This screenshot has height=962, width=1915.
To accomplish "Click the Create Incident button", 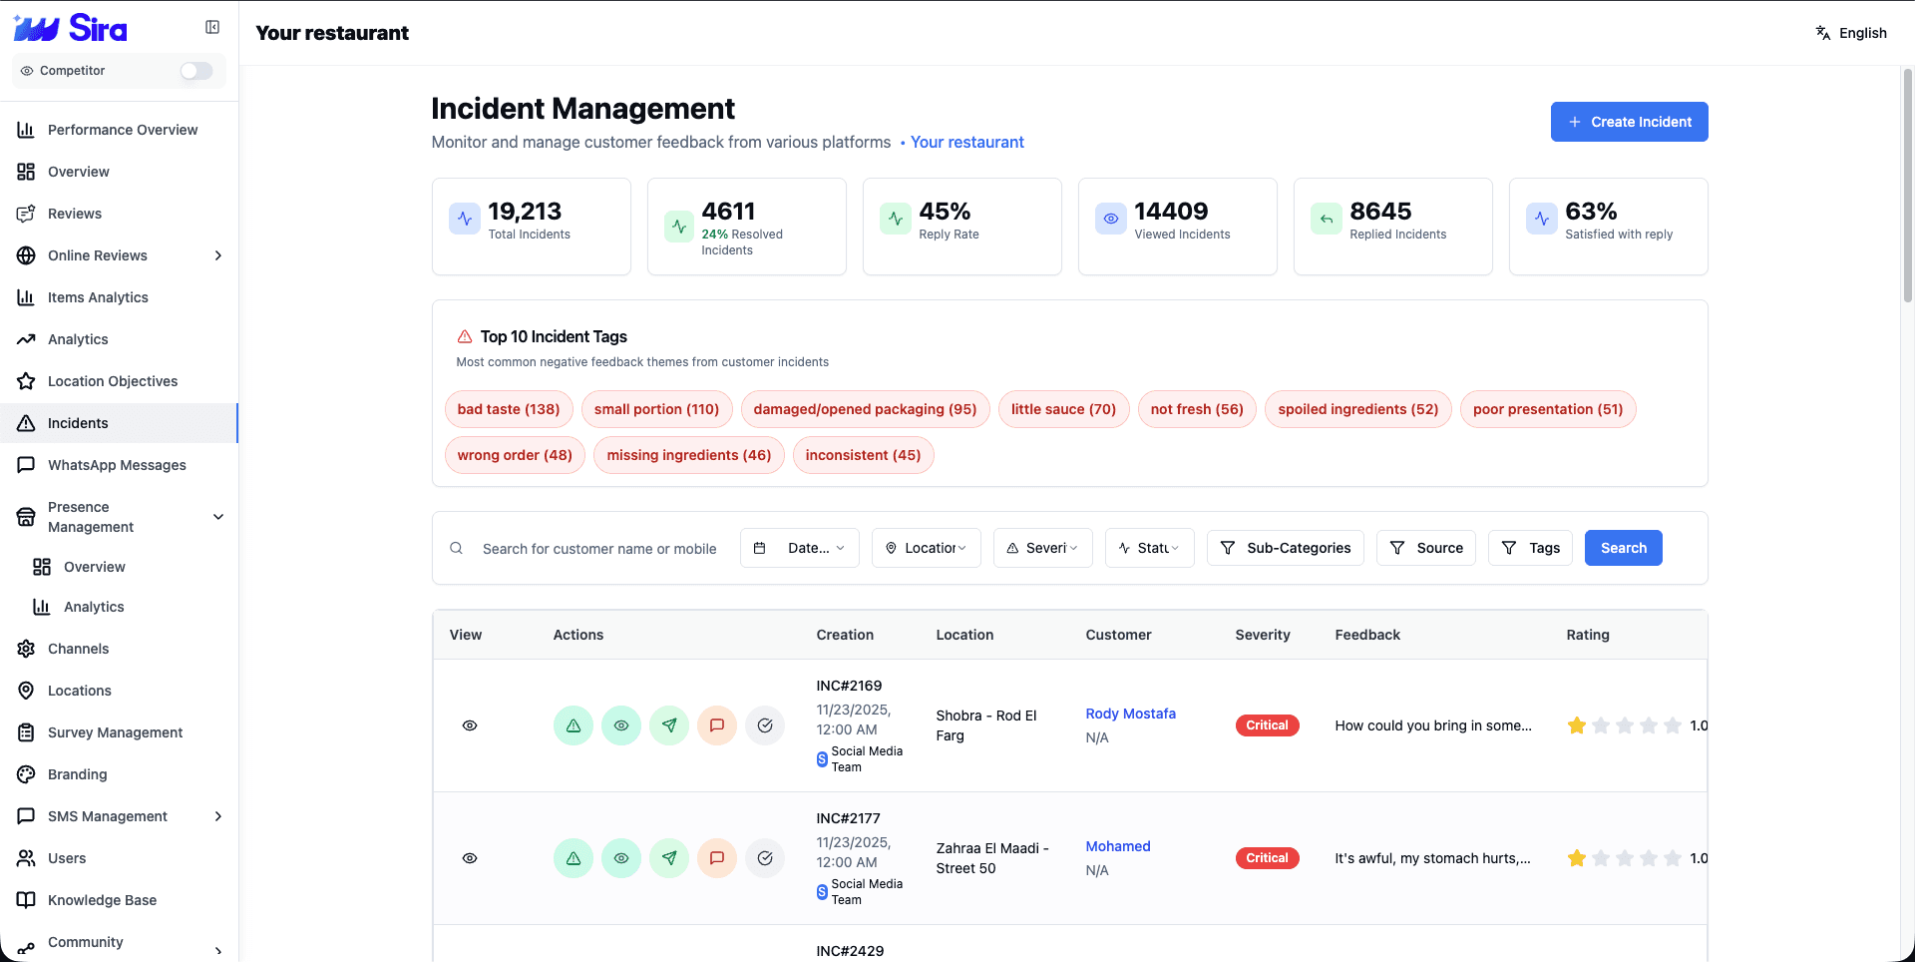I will pyautogui.click(x=1629, y=122).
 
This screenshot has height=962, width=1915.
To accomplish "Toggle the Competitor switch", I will pyautogui.click(x=196, y=71).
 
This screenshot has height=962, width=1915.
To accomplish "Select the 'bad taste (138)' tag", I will pyautogui.click(x=509, y=409).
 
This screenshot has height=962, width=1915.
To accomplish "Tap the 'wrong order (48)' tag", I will pyautogui.click(x=515, y=455).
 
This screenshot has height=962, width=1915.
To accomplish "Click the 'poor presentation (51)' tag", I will pyautogui.click(x=1547, y=409).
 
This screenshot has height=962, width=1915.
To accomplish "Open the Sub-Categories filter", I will pyautogui.click(x=1285, y=548).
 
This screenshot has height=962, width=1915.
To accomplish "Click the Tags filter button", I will pyautogui.click(x=1530, y=548).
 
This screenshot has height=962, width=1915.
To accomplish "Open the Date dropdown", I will pyautogui.click(x=799, y=548).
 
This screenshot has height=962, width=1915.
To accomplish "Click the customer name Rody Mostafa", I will pyautogui.click(x=1130, y=714).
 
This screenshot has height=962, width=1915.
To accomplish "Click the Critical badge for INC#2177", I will pyautogui.click(x=1267, y=858).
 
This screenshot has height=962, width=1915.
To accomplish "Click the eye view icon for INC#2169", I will pyautogui.click(x=470, y=725).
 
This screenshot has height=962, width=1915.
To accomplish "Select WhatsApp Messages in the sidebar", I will pyautogui.click(x=117, y=465).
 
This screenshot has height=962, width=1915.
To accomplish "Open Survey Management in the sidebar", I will pyautogui.click(x=115, y=732).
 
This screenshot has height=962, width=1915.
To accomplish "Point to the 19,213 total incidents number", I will pyautogui.click(x=525, y=212).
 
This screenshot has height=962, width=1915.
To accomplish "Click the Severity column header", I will pyautogui.click(x=1262, y=635).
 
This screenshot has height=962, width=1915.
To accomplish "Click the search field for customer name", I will pyautogui.click(x=598, y=549).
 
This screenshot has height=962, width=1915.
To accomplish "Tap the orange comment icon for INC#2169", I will pyautogui.click(x=716, y=725).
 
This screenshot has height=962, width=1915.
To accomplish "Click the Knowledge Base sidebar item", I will pyautogui.click(x=102, y=900).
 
